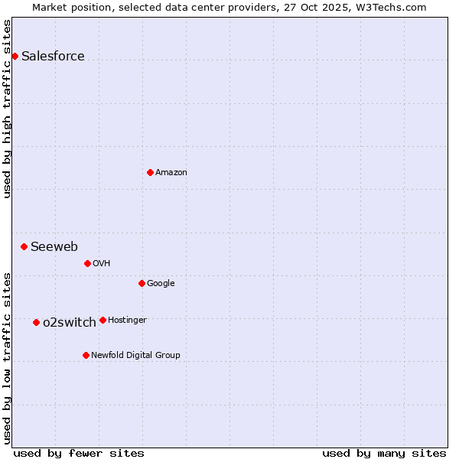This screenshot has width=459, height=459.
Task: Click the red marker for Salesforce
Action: pyautogui.click(x=15, y=56)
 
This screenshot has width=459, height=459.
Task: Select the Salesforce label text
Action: pyautogui.click(x=53, y=56)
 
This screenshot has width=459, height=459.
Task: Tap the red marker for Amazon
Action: pyautogui.click(x=150, y=172)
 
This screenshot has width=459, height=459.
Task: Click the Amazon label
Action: pyautogui.click(x=171, y=172)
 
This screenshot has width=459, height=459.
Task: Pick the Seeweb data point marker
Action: pyautogui.click(x=24, y=246)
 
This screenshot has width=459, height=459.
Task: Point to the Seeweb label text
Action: pyautogui.click(x=54, y=246)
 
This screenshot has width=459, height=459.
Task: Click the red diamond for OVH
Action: pyautogui.click(x=87, y=263)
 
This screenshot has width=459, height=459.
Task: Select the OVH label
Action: pyautogui.click(x=102, y=263)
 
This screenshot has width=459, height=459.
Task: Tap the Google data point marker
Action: pyautogui.click(x=142, y=283)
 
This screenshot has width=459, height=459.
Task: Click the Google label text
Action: pyautogui.click(x=161, y=283)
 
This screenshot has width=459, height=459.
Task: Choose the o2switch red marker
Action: pyautogui.click(x=36, y=322)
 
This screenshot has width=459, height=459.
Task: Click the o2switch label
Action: pyautogui.click(x=70, y=322)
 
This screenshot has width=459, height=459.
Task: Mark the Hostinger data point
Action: pyautogui.click(x=103, y=320)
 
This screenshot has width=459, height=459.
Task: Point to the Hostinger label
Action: pyautogui.click(x=127, y=320)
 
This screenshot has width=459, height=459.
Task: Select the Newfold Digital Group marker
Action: pyautogui.click(x=86, y=355)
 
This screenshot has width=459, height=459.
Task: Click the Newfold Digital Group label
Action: pyautogui.click(x=135, y=355)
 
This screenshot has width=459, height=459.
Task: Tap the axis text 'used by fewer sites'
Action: pyautogui.click(x=79, y=453)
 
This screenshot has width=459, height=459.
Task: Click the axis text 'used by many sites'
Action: pyautogui.click(x=384, y=453)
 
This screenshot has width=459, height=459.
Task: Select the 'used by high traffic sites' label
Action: pyautogui.click(x=8, y=108)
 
